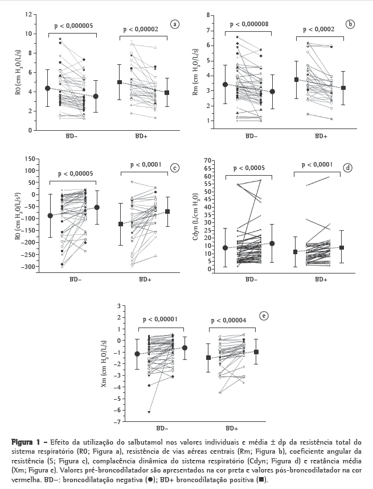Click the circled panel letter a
pos(175,24)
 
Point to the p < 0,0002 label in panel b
pos(318,30)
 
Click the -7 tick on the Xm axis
pos(119,422)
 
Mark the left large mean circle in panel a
pos(47,89)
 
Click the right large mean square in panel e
pos(257,352)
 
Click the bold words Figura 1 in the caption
pos(25,441)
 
